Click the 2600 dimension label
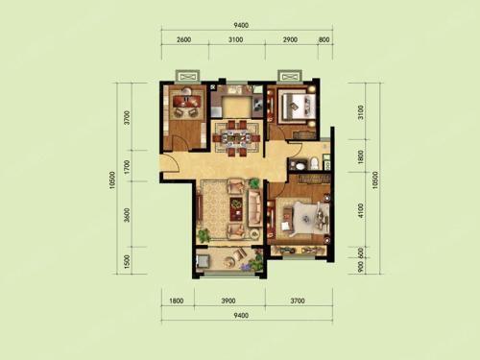[183, 39]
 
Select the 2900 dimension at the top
[290, 39]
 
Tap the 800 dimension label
[324, 39]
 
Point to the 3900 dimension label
[228, 300]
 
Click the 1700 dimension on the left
[128, 167]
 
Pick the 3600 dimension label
[128, 215]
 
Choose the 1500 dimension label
[128, 261]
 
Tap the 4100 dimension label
[361, 210]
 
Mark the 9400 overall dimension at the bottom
[241, 315]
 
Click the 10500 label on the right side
[375, 180]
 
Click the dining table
[236, 138]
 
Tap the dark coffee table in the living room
[236, 209]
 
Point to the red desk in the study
[186, 101]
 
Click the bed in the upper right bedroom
[296, 104]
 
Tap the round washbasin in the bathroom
[300, 166]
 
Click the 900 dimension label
[361, 266]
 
